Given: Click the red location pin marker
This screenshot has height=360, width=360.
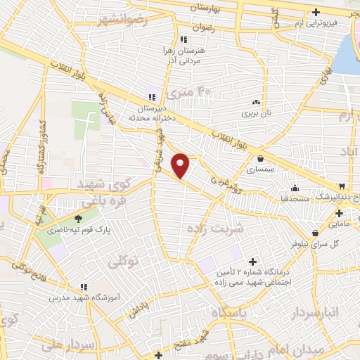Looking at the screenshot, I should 181,165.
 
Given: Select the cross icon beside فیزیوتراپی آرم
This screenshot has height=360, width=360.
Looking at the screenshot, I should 316,12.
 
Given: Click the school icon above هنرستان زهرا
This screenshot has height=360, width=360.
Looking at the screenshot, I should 184,39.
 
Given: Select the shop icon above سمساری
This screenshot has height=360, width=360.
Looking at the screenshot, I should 261,159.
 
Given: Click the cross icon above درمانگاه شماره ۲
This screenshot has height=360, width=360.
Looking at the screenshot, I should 252,262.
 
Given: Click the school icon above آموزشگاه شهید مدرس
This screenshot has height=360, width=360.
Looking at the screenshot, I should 84,287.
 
